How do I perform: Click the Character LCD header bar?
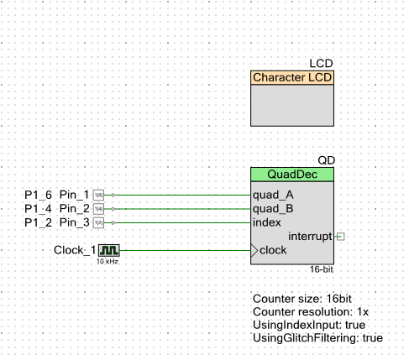(292, 78)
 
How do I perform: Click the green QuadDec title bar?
(292, 175)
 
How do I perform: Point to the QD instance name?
(325, 160)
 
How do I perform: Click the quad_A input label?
(273, 195)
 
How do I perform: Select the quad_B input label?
(273, 209)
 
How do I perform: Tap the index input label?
(267, 222)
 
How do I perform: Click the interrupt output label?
(310, 237)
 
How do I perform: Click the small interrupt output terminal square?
(338, 237)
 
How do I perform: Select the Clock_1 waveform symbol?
(109, 250)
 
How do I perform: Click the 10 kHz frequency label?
(107, 262)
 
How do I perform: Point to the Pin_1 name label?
(74, 195)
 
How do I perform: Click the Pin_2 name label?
(74, 209)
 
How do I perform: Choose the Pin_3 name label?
(74, 222)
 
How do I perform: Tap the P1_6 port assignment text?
(38, 195)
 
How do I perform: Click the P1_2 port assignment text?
(38, 222)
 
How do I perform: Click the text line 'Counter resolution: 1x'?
(310, 311)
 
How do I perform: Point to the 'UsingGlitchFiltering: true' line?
(317, 337)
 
